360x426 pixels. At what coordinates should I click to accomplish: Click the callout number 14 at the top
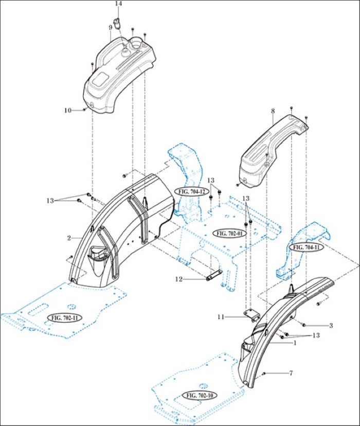point(119,4)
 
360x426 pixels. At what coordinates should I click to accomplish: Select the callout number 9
point(110,27)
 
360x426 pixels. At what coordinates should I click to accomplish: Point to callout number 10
point(67,110)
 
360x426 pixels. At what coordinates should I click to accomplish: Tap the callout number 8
point(273,111)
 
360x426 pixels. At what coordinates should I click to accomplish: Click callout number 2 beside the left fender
point(68,238)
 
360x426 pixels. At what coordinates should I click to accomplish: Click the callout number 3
point(331,325)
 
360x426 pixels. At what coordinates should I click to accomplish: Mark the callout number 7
point(291,372)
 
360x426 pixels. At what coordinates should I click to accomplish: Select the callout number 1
point(295,342)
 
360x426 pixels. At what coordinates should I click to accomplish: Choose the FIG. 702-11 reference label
point(64,317)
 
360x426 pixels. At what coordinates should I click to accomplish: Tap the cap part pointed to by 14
point(118,23)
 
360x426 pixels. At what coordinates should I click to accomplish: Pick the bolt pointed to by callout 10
point(83,110)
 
